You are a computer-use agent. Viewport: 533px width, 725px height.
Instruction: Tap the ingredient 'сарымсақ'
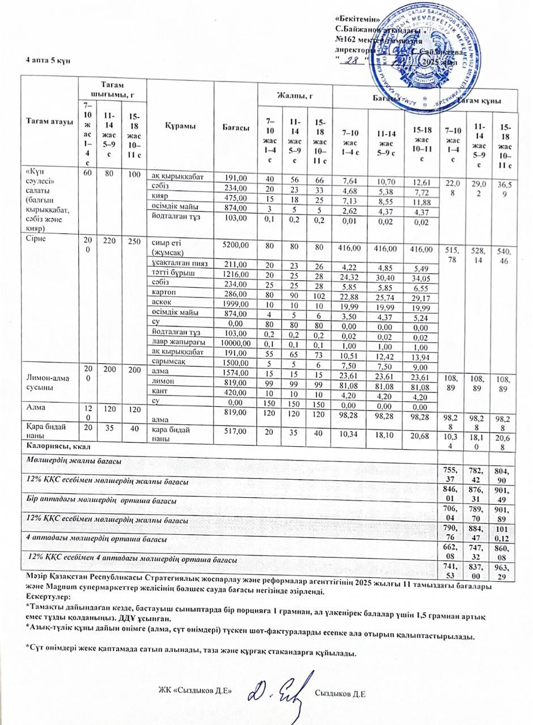point(169,362)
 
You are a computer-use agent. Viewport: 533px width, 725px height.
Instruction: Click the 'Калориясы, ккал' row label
point(49,447)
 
